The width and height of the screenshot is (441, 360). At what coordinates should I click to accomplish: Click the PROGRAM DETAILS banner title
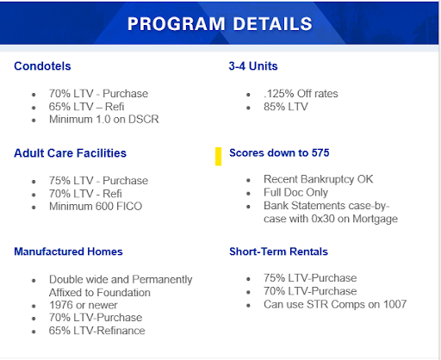click(220, 23)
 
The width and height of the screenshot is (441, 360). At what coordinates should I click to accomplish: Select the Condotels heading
click(43, 65)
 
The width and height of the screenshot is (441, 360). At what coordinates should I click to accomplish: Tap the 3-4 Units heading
click(253, 65)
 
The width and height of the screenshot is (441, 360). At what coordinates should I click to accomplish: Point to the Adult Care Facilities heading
click(70, 153)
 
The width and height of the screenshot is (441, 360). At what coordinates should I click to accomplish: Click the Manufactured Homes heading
click(68, 251)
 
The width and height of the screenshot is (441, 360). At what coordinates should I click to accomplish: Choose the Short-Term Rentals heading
click(279, 251)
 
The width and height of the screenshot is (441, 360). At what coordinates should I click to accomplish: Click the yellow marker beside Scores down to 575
click(219, 156)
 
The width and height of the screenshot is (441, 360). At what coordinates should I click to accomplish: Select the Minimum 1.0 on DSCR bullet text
click(104, 119)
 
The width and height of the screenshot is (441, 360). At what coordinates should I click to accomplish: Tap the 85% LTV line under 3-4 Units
click(288, 107)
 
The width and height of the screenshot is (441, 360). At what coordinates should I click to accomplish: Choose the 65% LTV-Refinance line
click(97, 331)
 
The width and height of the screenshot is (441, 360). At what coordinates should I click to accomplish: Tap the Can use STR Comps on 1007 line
click(335, 304)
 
